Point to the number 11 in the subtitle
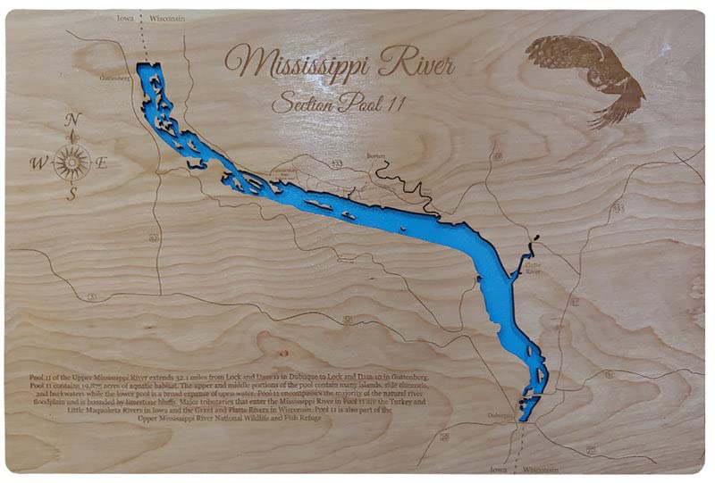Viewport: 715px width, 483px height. tap(396, 104)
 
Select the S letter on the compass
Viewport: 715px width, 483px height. tap(71, 196)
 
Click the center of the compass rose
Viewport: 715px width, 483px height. tap(71, 162)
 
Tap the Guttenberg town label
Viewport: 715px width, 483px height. tap(115, 78)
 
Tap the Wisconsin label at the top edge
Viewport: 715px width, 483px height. tap(166, 18)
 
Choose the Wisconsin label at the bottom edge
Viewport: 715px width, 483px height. tap(541, 470)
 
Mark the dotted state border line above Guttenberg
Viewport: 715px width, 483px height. tap(145, 40)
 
